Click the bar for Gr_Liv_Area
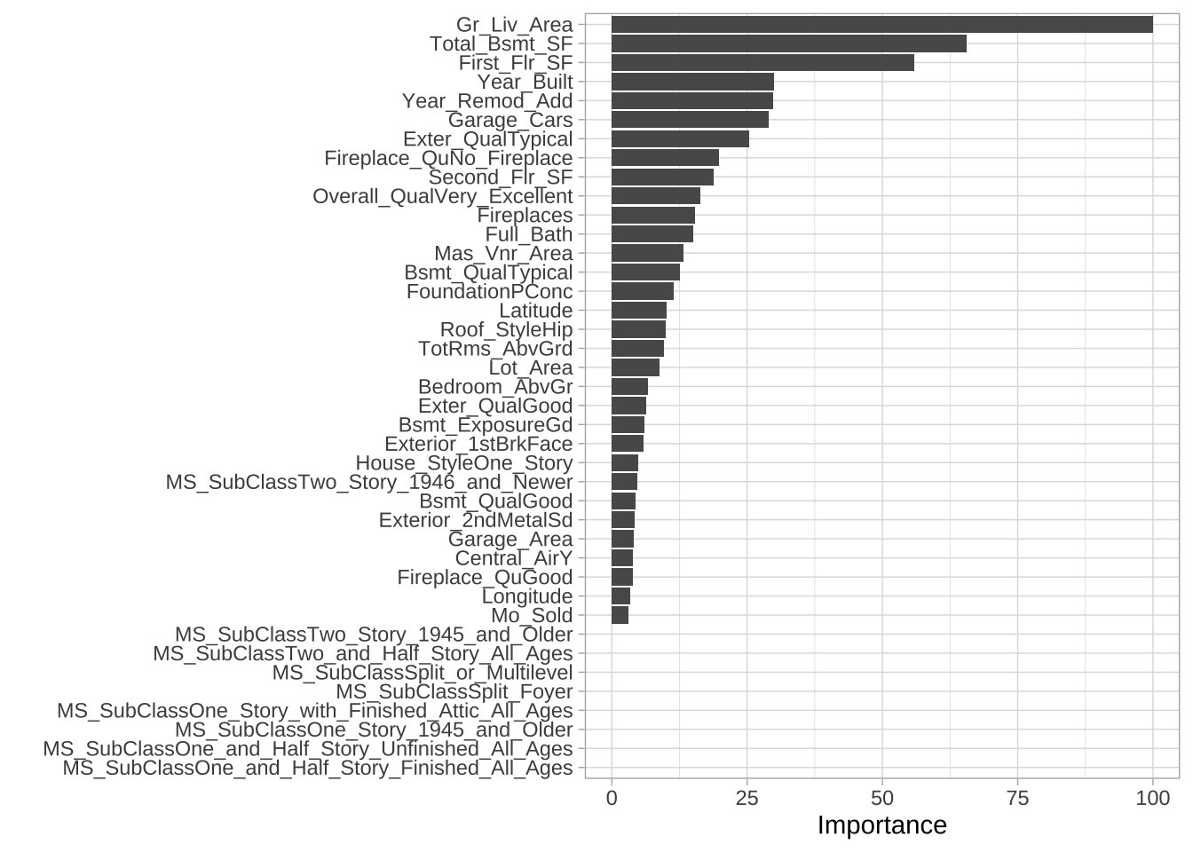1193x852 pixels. pos(881,25)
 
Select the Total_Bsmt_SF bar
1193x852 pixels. pos(788,43)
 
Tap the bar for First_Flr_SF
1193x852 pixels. pos(762,63)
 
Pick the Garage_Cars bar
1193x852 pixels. pos(690,120)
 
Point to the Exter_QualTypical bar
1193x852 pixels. pos(680,139)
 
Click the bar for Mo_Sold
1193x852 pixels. pos(620,615)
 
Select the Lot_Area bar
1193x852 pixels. pos(636,367)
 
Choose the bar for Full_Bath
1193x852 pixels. pos(652,234)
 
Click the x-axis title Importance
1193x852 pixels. pos(881,825)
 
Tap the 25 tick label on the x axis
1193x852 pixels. pos(747,798)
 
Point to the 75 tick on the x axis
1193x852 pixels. pos(1017,798)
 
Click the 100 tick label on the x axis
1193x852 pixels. pos(1152,798)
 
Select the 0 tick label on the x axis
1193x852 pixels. pos(612,798)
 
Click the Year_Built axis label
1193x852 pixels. pos(525,83)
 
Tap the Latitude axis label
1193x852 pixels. pos(535,311)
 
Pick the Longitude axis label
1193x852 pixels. pos(527,596)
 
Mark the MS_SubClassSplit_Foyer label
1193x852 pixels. pos(454,691)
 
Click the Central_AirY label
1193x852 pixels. pos(513,558)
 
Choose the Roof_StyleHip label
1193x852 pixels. pos(506,330)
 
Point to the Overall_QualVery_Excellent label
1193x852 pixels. pos(442,196)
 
